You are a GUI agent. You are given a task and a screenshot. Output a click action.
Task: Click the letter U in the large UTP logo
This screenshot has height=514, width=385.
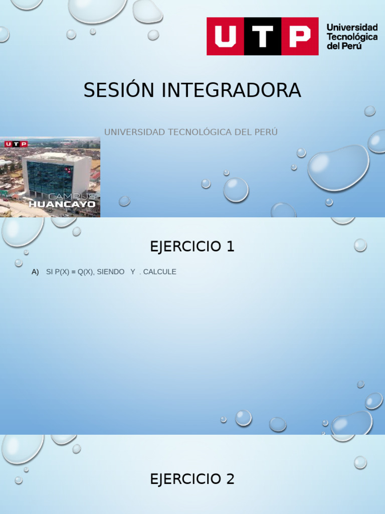point(225,36)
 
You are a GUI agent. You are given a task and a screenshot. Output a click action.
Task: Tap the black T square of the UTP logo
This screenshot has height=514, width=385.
point(263,36)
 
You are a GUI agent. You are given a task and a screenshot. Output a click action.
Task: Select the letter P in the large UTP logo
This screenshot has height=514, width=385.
point(300,36)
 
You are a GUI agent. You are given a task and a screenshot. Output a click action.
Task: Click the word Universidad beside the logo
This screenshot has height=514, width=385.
point(352,27)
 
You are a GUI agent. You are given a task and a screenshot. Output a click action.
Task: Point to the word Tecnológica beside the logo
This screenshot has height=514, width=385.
point(352,37)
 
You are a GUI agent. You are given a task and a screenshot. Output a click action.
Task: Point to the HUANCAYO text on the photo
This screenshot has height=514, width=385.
point(62,204)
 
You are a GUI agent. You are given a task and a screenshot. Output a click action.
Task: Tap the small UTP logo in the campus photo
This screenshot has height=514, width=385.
point(16,144)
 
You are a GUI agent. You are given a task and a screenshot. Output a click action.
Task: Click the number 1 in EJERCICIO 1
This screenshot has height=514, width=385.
point(230,246)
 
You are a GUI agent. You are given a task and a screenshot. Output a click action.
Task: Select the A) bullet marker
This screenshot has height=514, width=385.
point(35,272)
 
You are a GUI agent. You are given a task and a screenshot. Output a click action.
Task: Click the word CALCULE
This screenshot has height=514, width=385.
point(159,272)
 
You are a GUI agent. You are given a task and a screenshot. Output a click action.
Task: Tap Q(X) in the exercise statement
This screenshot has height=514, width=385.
point(86,272)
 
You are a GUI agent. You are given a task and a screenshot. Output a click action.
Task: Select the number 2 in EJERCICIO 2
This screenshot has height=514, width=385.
point(230,479)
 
